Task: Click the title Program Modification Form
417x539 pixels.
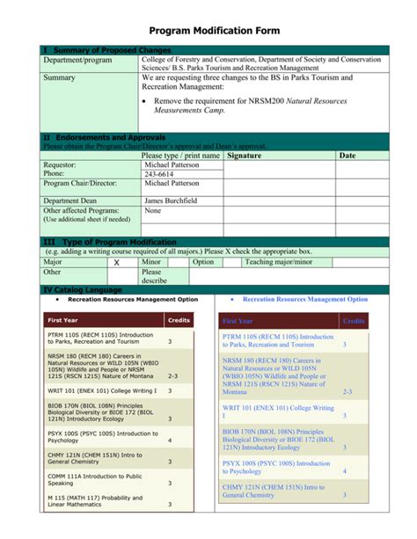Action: (x=208, y=31)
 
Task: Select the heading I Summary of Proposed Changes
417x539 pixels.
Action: (x=106, y=51)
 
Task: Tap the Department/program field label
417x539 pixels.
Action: (x=78, y=60)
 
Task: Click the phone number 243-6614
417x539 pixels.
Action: (x=159, y=174)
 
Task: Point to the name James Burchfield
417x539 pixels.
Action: (x=171, y=200)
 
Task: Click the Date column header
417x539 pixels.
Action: (x=348, y=156)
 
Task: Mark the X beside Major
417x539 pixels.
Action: (x=115, y=262)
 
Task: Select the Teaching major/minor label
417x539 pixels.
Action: (x=279, y=262)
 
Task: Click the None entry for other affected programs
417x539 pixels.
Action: (x=153, y=211)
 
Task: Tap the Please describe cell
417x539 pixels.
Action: (x=153, y=277)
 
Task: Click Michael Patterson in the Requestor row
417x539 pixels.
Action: (x=172, y=164)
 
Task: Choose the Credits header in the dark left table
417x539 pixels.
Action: (x=179, y=321)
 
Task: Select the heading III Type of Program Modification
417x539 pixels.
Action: (x=110, y=242)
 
